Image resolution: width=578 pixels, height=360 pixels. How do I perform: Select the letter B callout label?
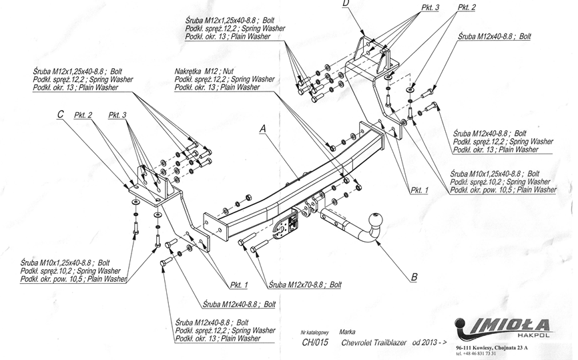pyautogui.click(x=414, y=276)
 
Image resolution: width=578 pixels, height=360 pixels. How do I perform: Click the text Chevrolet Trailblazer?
pyautogui.click(x=372, y=343)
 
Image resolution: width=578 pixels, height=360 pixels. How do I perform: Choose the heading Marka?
pyautogui.click(x=347, y=331)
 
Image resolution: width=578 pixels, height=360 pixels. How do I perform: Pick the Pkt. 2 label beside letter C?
pyautogui.click(x=83, y=115)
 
